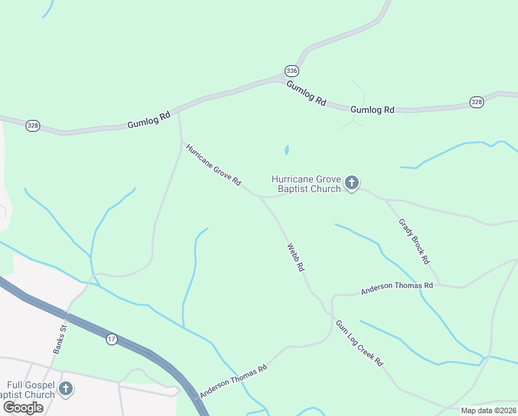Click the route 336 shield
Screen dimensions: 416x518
pyautogui.click(x=292, y=71)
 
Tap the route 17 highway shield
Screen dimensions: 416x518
pyautogui.click(x=111, y=339)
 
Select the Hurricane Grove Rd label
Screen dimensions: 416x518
pyautogui.click(x=213, y=165)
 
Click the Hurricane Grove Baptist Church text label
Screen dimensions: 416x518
pyautogui.click(x=306, y=183)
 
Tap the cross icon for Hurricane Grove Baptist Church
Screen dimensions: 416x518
pyautogui.click(x=352, y=183)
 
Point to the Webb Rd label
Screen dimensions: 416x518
pyautogui.click(x=296, y=257)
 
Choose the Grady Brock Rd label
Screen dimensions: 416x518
pyautogui.click(x=414, y=241)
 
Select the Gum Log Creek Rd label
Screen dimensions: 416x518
pyautogui.click(x=359, y=343)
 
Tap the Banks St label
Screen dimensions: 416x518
pyautogui.click(x=60, y=340)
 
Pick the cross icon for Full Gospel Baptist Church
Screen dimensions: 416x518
pyautogui.click(x=66, y=388)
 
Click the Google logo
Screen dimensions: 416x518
pyautogui.click(x=22, y=408)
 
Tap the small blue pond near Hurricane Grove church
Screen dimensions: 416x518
pyautogui.click(x=286, y=150)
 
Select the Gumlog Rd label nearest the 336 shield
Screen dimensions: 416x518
pyautogui.click(x=305, y=92)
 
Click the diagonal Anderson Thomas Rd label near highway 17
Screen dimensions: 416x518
pyautogui.click(x=233, y=382)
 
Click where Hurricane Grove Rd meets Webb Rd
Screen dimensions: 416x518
pyautogui.click(x=260, y=197)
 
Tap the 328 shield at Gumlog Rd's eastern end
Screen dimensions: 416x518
pyautogui.click(x=476, y=102)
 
